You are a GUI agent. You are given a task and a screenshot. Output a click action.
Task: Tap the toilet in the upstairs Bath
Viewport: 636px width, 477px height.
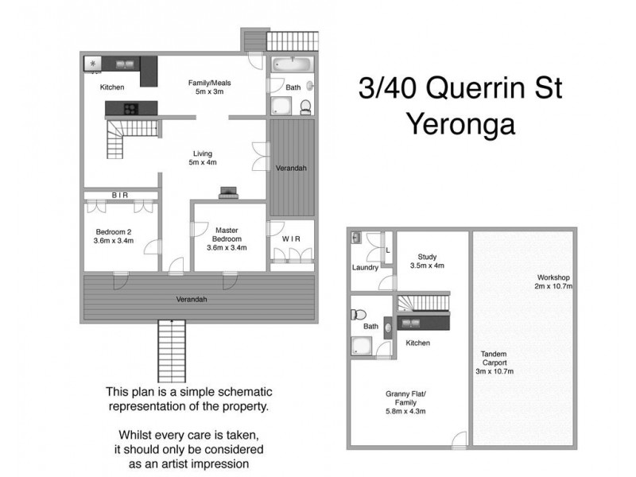(305, 106)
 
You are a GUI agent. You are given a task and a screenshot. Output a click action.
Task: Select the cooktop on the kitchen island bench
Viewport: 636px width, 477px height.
(129, 109)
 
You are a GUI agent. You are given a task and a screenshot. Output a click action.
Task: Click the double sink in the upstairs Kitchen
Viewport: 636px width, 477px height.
(124, 63)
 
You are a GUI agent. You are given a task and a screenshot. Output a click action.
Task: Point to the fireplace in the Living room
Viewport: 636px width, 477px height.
(227, 192)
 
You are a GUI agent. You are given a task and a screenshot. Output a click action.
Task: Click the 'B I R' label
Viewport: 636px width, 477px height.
(119, 194)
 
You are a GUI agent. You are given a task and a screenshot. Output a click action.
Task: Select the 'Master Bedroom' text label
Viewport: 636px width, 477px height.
(227, 238)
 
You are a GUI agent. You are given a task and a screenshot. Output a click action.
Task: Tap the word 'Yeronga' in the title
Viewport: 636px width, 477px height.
(460, 125)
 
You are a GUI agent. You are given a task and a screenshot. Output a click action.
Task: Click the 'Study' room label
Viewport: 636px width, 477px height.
(430, 261)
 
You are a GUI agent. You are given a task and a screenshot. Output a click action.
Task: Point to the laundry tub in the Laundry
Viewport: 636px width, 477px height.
(356, 237)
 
